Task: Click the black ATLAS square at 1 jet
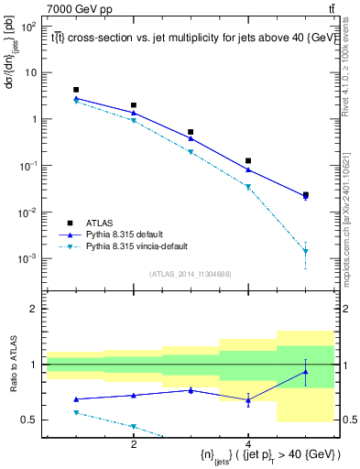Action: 77,90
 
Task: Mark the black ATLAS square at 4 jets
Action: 248,160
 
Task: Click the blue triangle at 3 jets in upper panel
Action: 191,138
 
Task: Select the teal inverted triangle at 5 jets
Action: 305,252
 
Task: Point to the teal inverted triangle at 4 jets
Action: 248,187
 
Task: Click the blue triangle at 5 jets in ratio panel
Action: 305,372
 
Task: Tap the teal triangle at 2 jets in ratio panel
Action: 134,426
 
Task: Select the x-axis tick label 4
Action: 248,444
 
